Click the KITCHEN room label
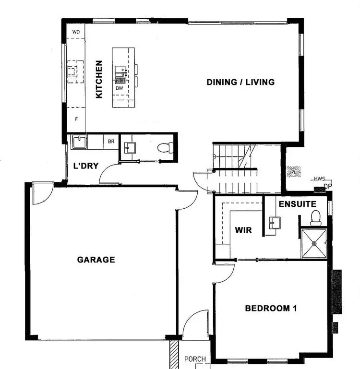[99, 79]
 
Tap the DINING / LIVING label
[240, 82]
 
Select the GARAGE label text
[96, 260]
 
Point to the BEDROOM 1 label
[271, 308]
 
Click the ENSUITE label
[297, 203]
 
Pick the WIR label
[243, 230]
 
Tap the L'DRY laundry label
[86, 166]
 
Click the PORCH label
[195, 359]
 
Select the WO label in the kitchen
[76, 32]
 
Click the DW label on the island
[119, 88]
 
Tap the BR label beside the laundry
[111, 142]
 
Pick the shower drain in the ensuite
[314, 243]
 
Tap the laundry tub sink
[78, 142]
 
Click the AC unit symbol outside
[291, 170]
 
